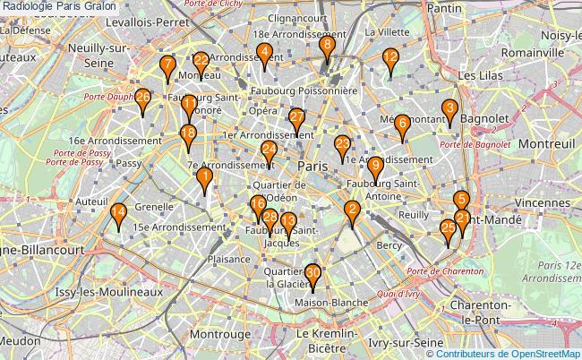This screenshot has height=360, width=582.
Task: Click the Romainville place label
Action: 534,53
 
